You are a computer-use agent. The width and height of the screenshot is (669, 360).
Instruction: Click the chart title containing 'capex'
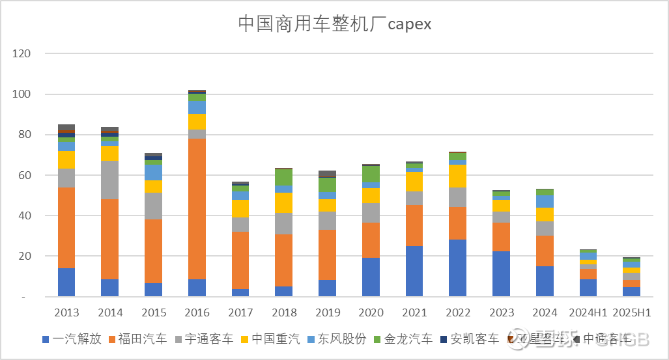click(335, 24)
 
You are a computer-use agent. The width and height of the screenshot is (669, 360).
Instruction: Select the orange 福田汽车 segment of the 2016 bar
click(197, 209)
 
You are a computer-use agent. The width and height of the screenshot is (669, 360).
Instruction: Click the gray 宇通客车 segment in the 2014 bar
click(109, 180)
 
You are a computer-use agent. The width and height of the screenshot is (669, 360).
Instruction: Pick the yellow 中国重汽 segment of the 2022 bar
click(457, 176)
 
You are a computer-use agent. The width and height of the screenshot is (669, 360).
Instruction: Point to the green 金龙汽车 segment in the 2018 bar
click(283, 177)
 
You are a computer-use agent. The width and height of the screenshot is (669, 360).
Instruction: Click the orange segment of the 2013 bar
click(66, 227)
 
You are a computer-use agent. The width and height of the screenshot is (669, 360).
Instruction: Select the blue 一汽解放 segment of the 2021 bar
click(414, 271)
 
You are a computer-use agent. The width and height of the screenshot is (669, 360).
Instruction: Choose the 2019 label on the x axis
click(327, 312)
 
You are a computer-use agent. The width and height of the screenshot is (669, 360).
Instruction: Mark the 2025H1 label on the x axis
click(631, 312)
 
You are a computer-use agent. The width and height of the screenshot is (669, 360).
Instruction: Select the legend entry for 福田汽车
click(137, 339)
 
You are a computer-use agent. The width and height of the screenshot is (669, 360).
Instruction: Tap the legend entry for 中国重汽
click(270, 339)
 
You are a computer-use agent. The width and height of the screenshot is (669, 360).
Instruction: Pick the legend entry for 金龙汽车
click(403, 339)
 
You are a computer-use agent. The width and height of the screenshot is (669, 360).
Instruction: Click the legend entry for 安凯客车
click(470, 339)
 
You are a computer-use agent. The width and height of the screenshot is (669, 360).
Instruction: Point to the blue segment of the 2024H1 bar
click(588, 288)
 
